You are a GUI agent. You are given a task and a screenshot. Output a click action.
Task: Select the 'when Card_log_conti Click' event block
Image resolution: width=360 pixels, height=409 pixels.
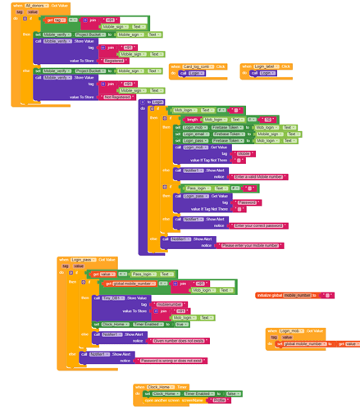coord(197,66)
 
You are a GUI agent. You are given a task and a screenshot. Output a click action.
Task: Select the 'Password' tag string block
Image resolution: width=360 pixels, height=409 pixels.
coord(245,202)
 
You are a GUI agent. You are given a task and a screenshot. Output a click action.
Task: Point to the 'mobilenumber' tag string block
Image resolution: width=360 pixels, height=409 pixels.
coord(171,303)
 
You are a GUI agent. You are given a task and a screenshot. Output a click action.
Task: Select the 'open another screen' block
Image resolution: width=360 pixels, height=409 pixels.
coord(170,400)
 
